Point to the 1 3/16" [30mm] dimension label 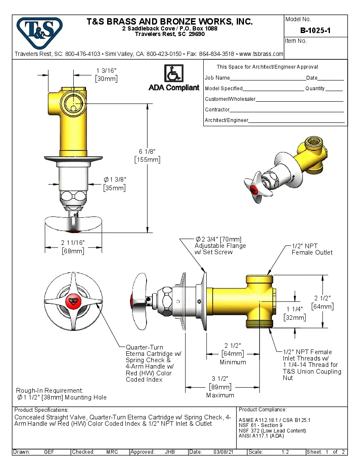(x=106, y=75)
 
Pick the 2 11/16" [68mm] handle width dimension (x=73, y=247)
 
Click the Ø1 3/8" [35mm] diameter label (x=114, y=184)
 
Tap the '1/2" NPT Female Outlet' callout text (x=312, y=249)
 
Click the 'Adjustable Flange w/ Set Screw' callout (x=220, y=246)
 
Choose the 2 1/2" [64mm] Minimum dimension (x=233, y=353)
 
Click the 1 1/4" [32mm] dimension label (x=294, y=313)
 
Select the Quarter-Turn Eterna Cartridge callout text (x=150, y=363)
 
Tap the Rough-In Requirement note (x=61, y=394)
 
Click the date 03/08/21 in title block (x=224, y=452)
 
